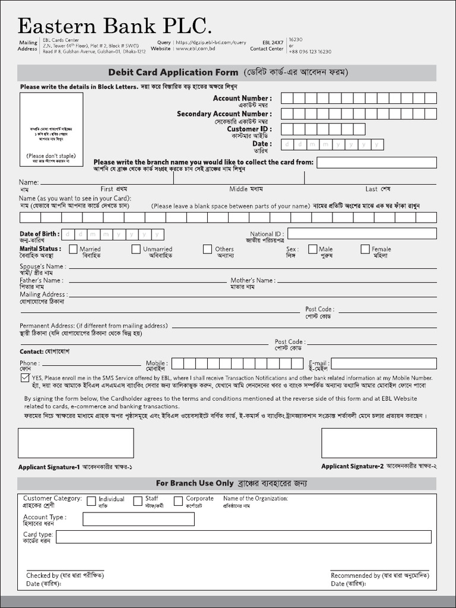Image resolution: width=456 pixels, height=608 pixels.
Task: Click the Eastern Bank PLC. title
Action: pos(115,26)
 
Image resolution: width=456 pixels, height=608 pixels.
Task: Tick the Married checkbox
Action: pos(73,249)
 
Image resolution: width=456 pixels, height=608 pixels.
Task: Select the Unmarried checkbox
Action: pos(136,249)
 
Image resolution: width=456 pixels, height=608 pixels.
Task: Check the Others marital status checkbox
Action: pos(207,249)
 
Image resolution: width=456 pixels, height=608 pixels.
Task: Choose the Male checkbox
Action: pos(312,249)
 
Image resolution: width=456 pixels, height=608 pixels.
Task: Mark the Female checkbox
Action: pos(365,249)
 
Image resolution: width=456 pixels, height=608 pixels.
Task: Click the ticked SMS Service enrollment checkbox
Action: pos(25,378)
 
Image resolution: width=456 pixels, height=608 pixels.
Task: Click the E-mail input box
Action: pos(383,363)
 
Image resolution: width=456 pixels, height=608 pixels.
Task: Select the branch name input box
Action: pos(376,163)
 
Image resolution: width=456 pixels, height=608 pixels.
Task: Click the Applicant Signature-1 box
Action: pos(75,443)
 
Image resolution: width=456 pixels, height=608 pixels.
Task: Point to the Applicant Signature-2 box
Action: pos(379,443)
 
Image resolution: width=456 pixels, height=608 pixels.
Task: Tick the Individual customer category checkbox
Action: pos(91,501)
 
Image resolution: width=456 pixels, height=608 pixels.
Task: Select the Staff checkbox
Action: pos(138,501)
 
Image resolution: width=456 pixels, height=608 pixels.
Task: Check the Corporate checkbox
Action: pos(178,501)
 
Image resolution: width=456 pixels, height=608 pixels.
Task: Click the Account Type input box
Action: pos(138,519)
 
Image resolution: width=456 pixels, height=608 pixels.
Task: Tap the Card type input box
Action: pos(243,537)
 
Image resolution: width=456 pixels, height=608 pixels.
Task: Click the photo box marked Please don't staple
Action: pos(51,129)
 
